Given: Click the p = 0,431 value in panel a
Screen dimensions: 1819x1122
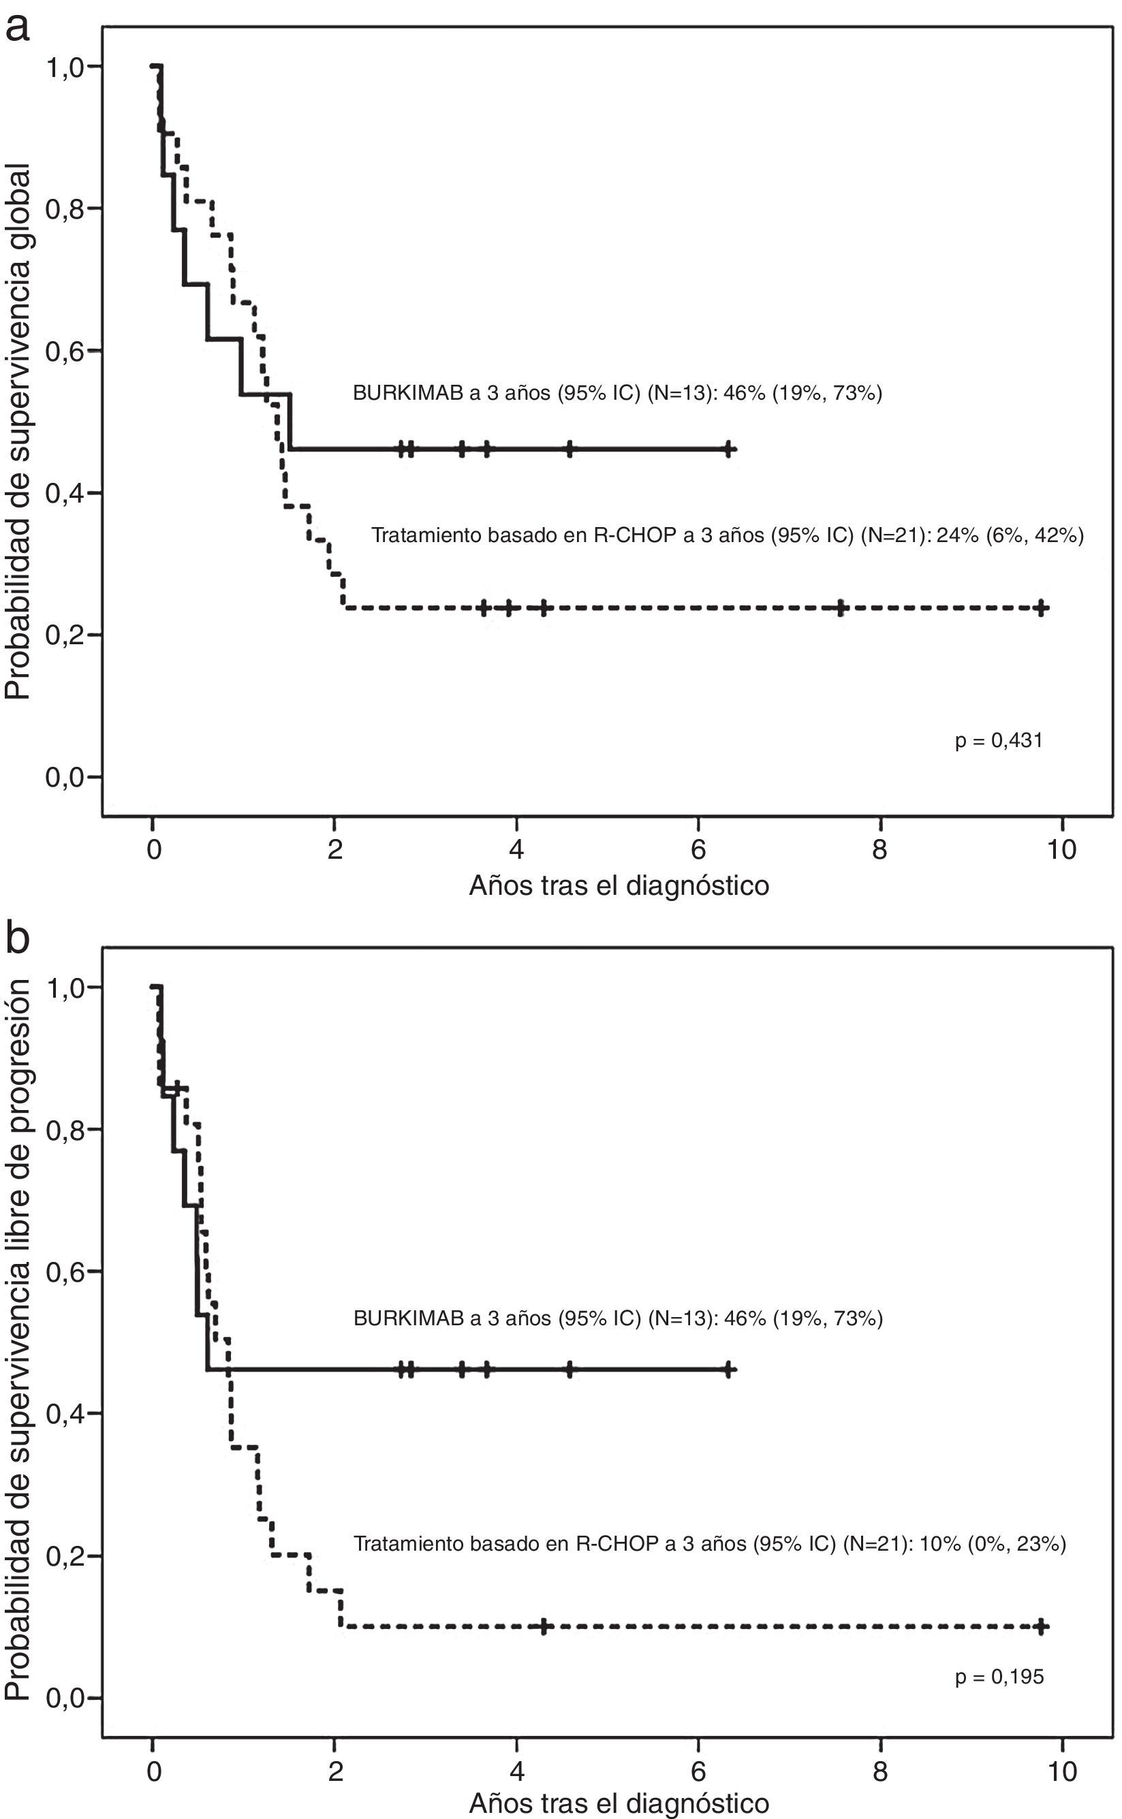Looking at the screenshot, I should (x=998, y=740).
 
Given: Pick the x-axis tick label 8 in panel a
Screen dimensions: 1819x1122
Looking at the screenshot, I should (x=879, y=849).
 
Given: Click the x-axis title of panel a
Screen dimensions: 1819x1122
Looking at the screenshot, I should (x=619, y=886).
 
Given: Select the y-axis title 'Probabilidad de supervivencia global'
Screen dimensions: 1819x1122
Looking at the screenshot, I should (x=18, y=430).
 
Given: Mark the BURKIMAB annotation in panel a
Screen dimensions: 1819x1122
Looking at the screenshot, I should (x=617, y=392).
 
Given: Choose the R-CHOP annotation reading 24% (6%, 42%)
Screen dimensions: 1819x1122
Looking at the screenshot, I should (x=728, y=535).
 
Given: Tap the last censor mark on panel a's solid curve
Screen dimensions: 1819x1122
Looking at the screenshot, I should (x=729, y=449).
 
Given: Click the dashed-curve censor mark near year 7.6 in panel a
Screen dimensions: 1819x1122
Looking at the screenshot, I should (x=840, y=608).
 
